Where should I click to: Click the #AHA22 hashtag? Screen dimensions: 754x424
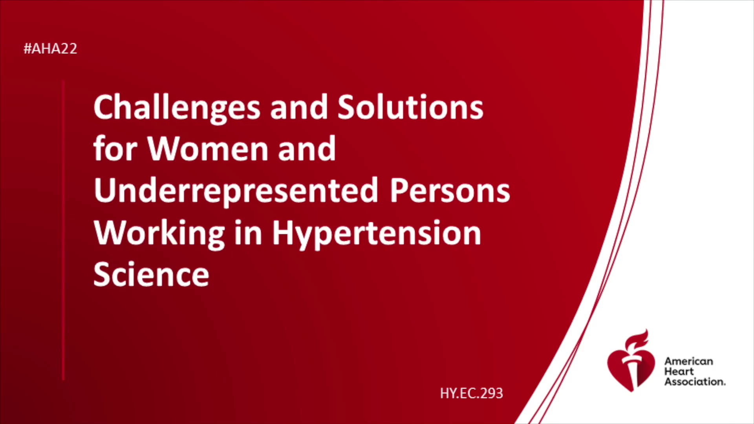[50, 49]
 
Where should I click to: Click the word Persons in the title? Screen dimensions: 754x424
[450, 191]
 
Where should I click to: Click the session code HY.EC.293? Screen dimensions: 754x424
[471, 393]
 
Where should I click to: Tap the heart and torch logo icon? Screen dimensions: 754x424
[631, 362]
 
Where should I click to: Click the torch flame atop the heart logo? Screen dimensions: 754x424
[637, 340]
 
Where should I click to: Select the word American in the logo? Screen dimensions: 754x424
[688, 361]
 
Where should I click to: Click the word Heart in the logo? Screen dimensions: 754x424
[679, 371]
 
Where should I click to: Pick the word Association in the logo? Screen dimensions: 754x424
[695, 382]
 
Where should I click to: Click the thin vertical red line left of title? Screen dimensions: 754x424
[63, 230]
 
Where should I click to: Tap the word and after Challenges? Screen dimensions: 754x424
[298, 108]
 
